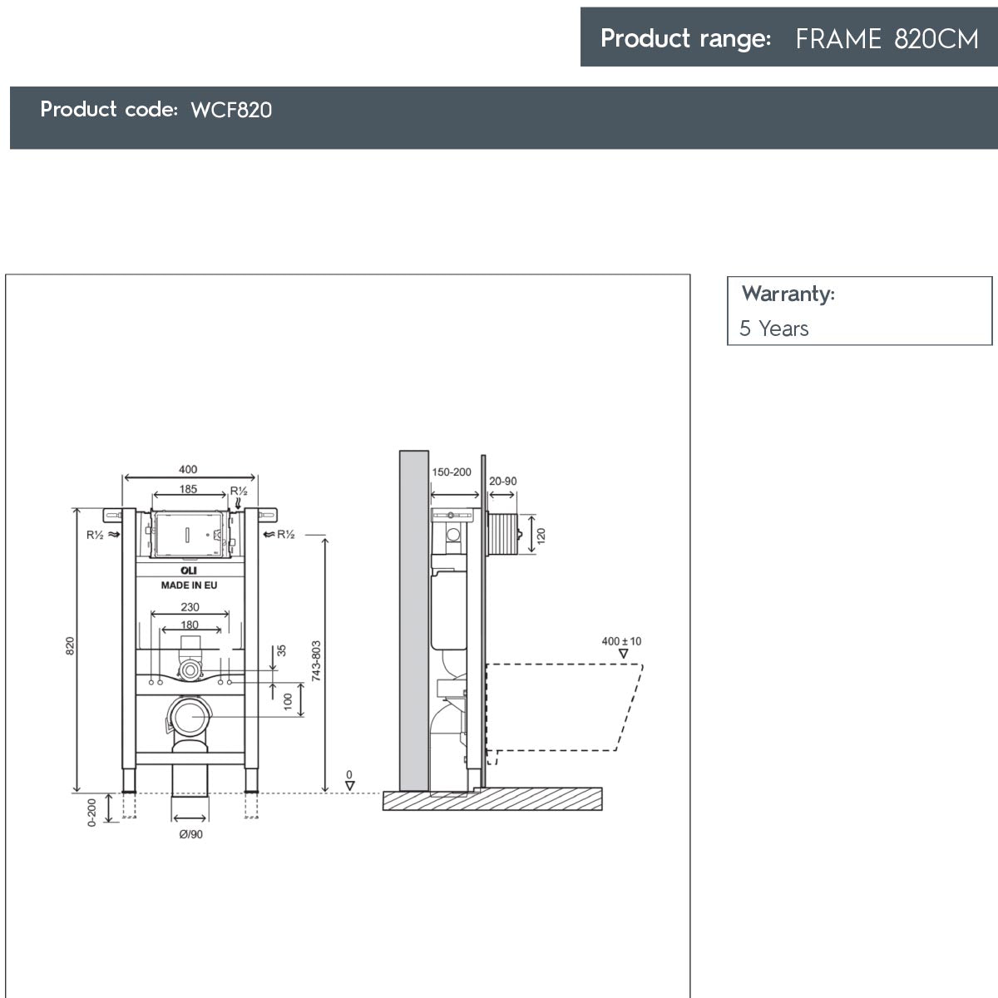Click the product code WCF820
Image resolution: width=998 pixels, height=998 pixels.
pyautogui.click(x=231, y=110)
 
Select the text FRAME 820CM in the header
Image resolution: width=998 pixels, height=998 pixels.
pyautogui.click(x=887, y=39)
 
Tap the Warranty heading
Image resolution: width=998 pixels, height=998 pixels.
pyautogui.click(x=788, y=294)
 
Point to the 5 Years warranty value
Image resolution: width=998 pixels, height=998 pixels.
pyautogui.click(x=773, y=329)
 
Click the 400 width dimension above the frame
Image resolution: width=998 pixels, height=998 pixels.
pyautogui.click(x=188, y=470)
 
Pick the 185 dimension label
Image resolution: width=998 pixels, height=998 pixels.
pyautogui.click(x=189, y=489)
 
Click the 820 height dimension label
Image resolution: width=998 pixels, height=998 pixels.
pyautogui.click(x=71, y=645)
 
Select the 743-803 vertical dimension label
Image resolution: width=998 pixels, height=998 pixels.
pyautogui.click(x=316, y=661)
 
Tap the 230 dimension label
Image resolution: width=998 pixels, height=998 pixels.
pyautogui.click(x=190, y=607)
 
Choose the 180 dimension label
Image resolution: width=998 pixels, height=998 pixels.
pyautogui.click(x=190, y=625)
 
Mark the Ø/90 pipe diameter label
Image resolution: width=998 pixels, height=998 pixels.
pyautogui.click(x=190, y=834)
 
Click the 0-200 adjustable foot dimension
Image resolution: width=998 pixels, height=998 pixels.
pyautogui.click(x=92, y=811)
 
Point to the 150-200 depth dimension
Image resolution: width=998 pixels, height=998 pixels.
pyautogui.click(x=452, y=472)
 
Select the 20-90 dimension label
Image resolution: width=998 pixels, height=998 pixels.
pyautogui.click(x=502, y=482)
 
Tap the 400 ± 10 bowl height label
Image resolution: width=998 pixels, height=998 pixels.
pyautogui.click(x=621, y=641)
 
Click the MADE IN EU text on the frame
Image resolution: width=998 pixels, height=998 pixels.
pyautogui.click(x=189, y=585)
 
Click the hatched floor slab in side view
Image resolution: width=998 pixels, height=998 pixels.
pyautogui.click(x=492, y=799)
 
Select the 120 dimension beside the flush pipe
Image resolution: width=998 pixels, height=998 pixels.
pyautogui.click(x=541, y=535)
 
